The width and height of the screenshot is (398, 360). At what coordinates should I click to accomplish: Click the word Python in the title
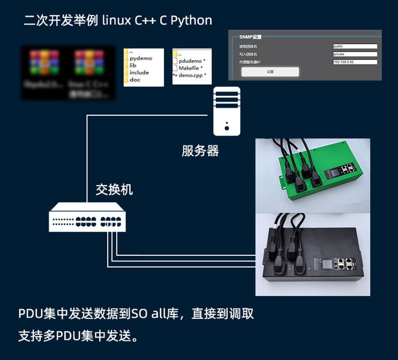pos(191,21)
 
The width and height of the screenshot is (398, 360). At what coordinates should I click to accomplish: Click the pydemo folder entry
pos(141,58)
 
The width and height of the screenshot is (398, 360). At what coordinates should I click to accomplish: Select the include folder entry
pos(139,73)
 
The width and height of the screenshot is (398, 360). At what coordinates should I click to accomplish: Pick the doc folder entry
pos(135,80)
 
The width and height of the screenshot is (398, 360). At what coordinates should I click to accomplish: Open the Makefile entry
pos(189,68)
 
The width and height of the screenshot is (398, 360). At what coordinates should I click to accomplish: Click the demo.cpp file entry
pos(191,75)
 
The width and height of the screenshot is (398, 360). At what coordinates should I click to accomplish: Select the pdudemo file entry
pos(190,61)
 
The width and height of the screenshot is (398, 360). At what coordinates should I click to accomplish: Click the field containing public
pos(355,46)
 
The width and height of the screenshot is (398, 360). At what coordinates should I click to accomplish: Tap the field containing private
pos(355,54)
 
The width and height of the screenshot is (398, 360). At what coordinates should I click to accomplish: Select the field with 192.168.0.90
pos(355,62)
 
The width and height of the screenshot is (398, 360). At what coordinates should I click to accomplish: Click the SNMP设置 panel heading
pos(250,37)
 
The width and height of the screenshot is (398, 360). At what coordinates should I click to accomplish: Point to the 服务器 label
pos(200,151)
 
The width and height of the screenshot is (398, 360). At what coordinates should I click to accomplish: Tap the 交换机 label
pos(114,189)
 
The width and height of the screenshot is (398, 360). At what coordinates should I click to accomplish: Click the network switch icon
pos(87,217)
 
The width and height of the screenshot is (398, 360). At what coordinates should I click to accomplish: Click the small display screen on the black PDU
pos(320,262)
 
